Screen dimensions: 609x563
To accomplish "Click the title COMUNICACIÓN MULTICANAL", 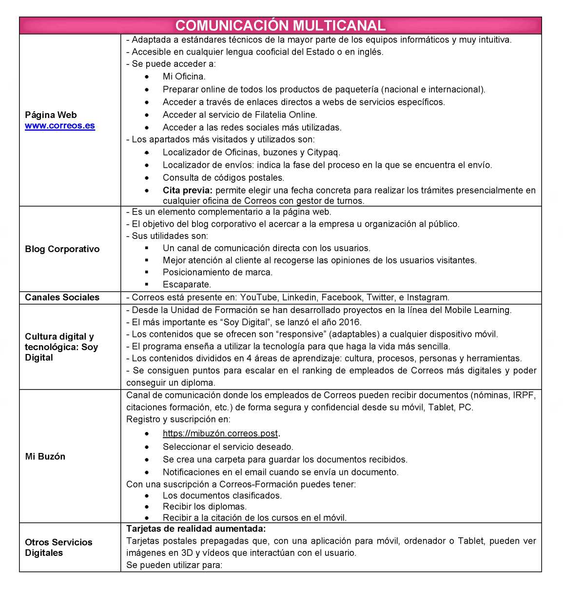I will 280,25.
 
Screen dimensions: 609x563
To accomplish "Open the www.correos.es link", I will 60,126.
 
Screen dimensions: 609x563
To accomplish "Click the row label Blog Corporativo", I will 62,249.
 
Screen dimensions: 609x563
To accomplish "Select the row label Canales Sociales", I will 62,297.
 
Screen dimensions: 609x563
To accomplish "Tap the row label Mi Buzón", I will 45,456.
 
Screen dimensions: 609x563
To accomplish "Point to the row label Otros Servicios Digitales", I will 58,548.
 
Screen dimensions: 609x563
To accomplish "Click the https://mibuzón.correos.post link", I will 220,433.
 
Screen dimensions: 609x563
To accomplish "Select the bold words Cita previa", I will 187,190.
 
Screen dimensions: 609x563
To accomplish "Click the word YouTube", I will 258,297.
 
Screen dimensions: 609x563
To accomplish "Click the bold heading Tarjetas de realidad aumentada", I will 196,529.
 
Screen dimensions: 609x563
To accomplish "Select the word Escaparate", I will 187,284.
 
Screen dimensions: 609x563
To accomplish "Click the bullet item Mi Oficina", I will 184,77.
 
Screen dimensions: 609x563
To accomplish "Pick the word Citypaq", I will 323,152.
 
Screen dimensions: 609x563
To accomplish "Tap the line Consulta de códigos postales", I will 223,177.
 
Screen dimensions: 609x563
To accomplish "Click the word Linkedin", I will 299,297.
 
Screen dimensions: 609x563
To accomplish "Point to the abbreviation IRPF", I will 524,395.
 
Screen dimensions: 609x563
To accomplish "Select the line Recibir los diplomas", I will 205,507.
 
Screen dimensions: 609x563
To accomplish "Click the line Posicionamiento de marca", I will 217,272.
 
